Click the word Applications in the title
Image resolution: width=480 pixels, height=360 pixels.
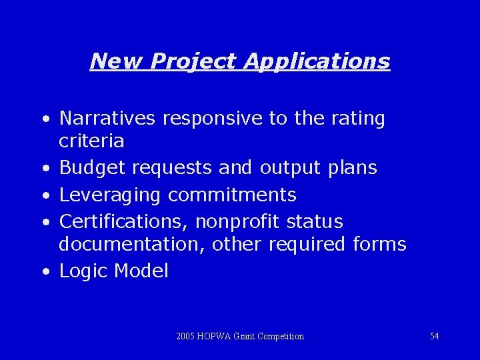tap(317, 61)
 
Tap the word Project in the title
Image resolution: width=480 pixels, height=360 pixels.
tap(194, 61)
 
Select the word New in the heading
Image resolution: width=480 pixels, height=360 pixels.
tap(116, 61)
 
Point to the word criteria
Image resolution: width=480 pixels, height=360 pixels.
tap(91, 141)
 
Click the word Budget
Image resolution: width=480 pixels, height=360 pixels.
tap(93, 168)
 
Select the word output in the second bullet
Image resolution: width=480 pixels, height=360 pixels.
tap(291, 168)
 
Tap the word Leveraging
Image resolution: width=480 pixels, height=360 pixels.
tap(110, 195)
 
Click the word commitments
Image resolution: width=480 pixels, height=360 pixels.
tap(232, 195)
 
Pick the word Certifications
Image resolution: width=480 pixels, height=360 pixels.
tap(123, 221)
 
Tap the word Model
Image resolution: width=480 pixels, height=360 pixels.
tap(141, 271)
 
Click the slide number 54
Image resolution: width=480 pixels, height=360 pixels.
tap(434, 336)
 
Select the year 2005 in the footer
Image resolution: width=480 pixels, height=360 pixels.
tap(186, 336)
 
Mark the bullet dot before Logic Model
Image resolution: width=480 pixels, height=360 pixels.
tap(44, 272)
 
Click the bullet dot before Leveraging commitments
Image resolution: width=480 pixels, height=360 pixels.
tap(44, 196)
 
